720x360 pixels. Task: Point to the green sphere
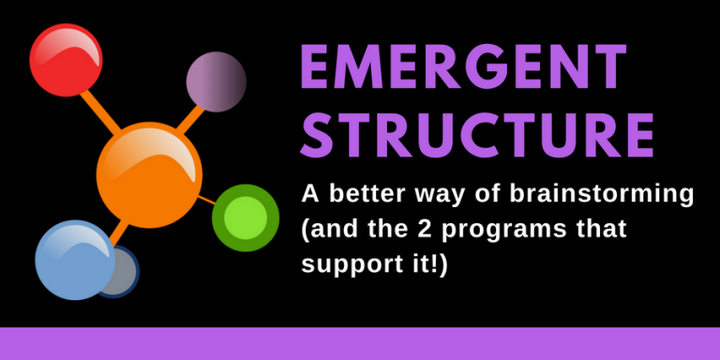(x=245, y=217)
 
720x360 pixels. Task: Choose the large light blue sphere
(x=73, y=259)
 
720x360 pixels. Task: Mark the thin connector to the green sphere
(x=207, y=200)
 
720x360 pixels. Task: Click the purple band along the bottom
(x=360, y=343)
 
